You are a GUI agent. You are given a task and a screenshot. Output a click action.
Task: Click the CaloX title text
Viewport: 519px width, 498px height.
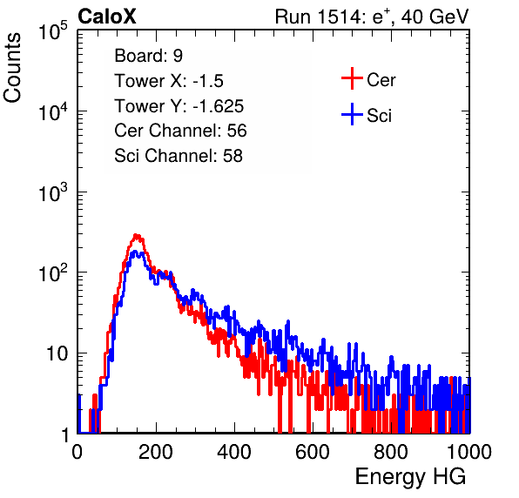click(107, 17)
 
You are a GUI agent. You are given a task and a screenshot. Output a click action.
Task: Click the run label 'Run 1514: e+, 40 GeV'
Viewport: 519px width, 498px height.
click(372, 17)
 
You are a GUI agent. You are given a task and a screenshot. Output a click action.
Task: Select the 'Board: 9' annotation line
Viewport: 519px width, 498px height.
click(149, 56)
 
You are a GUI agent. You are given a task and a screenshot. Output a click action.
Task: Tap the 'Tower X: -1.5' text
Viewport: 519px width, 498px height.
click(169, 81)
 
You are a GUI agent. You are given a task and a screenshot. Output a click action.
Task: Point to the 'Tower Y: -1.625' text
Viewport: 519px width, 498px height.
click(179, 106)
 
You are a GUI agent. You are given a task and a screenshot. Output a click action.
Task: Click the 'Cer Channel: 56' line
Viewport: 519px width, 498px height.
click(180, 131)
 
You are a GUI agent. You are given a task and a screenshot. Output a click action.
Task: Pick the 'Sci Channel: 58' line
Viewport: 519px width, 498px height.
click(179, 156)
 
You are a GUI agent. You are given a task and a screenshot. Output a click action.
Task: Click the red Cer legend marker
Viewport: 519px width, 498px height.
click(352, 78)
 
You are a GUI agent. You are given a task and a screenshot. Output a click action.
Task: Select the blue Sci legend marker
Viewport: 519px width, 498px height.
click(352, 114)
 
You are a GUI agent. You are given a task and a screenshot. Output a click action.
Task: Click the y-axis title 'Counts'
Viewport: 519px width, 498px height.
click(12, 68)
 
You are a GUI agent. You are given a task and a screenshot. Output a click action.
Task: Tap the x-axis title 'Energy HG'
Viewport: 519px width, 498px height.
click(410, 477)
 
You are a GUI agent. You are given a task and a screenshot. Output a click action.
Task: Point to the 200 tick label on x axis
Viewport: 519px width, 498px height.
click(156, 452)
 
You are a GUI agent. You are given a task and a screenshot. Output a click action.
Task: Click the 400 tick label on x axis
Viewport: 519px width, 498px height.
click(234, 452)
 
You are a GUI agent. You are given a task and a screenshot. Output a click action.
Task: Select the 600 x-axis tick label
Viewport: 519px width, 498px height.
click(313, 452)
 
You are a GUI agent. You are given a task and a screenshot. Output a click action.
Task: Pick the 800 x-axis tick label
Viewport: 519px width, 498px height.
click(391, 452)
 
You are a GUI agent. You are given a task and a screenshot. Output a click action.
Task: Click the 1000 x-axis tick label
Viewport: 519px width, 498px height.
click(469, 452)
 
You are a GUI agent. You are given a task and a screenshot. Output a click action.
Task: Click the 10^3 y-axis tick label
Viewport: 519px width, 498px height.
click(53, 192)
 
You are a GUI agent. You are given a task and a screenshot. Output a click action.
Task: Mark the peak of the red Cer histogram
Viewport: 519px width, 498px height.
click(137, 235)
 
